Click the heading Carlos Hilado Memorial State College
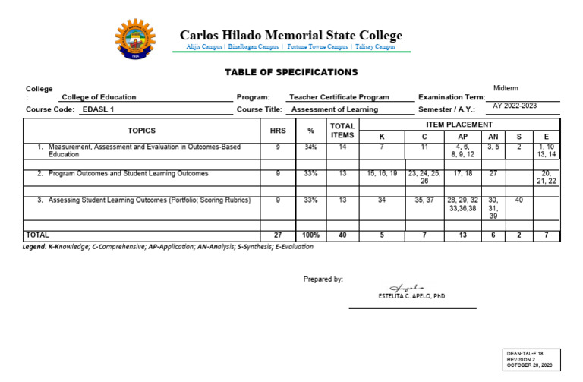tap(291, 35)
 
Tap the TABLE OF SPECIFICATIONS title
tap(291, 72)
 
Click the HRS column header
tap(278, 130)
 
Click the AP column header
tap(462, 137)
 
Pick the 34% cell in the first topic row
tap(310, 147)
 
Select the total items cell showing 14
tap(342, 147)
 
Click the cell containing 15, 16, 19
tap(382, 174)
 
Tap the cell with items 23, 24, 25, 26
tap(424, 177)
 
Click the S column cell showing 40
tap(518, 200)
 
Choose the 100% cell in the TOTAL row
tap(310, 235)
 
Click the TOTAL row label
tap(38, 235)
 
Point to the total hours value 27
tap(278, 235)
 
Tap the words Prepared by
tap(323, 279)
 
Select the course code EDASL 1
tap(97, 109)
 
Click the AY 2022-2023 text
tap(515, 106)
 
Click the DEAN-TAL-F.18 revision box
tap(532, 359)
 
